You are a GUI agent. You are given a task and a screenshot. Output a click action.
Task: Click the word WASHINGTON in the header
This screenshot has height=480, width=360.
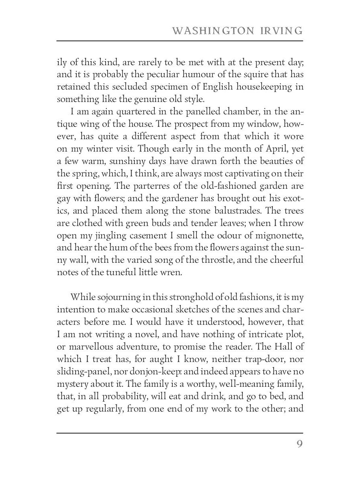pyautogui.click(x=212, y=31)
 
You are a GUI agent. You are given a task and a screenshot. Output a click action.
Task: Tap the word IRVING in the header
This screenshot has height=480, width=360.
pyautogui.click(x=282, y=31)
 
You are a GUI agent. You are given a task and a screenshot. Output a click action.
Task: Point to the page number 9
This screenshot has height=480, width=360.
pyautogui.click(x=299, y=444)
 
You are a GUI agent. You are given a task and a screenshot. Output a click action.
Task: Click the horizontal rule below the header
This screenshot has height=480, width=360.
pyautogui.click(x=180, y=41)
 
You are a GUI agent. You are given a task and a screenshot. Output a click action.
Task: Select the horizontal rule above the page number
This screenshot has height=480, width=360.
pyautogui.click(x=180, y=433)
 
